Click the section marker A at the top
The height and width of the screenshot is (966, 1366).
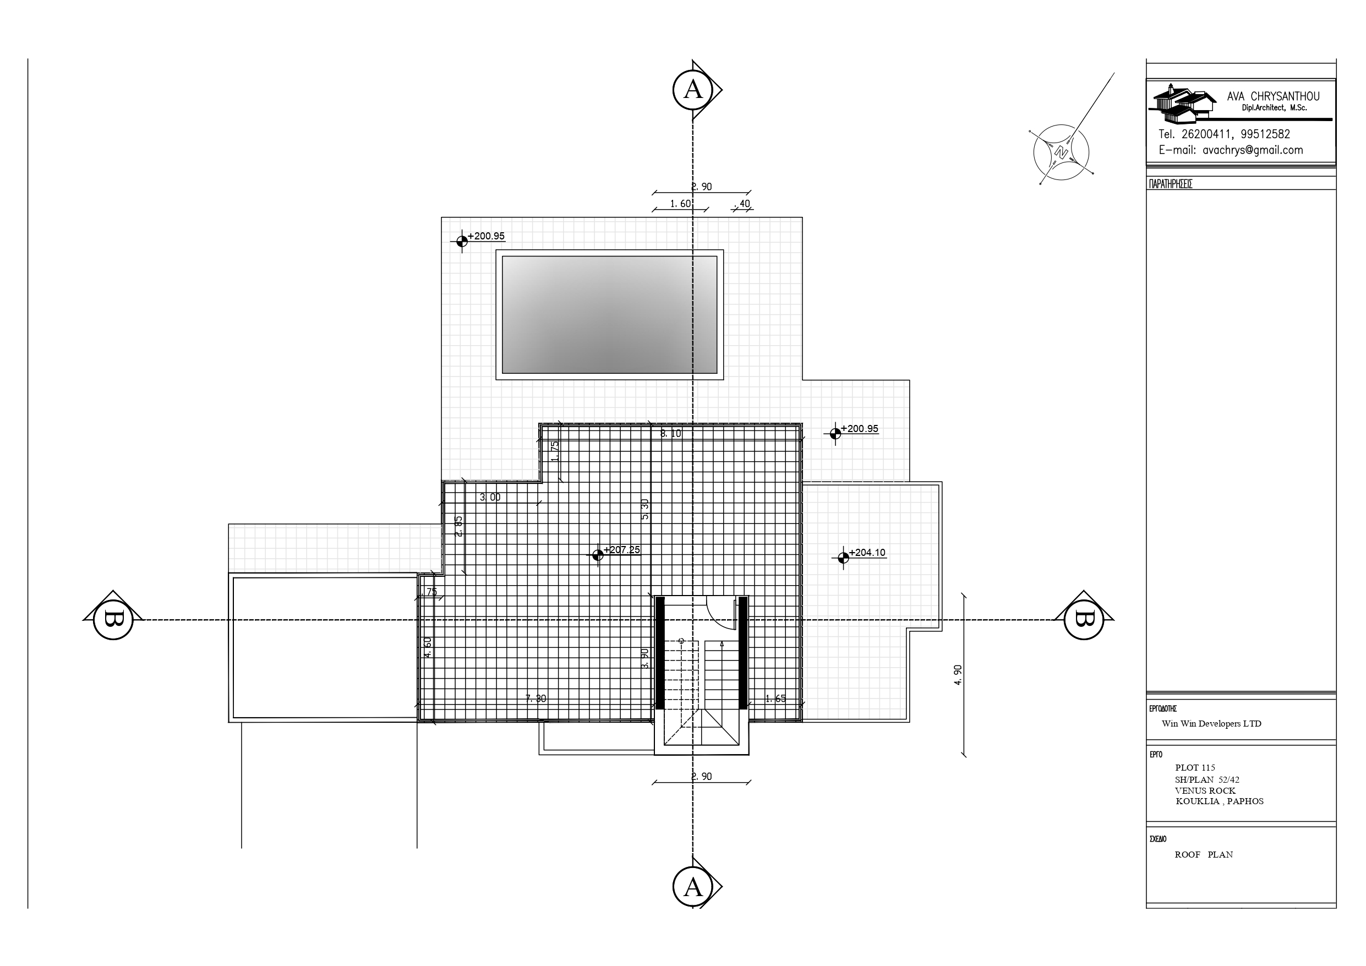coord(692,90)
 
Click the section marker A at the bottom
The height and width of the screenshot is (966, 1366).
coord(692,887)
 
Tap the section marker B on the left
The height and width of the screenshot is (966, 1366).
coord(113,620)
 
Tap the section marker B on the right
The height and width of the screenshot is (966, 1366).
coord(1084,620)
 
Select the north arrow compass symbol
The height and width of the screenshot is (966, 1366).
coord(1062,152)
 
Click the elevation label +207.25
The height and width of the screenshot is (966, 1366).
coord(622,550)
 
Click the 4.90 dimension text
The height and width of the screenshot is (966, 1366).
coord(958,675)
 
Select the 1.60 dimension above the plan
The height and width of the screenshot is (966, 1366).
coord(680,204)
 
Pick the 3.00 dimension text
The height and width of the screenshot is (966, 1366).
coord(490,498)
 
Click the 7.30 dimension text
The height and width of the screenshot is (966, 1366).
coord(536,698)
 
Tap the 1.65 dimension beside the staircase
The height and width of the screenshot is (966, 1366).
coord(775,698)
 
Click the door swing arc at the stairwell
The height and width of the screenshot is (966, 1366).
coord(720,613)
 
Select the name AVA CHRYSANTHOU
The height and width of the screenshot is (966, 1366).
coord(1273,96)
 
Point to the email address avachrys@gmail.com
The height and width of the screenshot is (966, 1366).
coord(1253,150)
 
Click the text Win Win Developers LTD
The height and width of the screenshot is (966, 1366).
coord(1211,724)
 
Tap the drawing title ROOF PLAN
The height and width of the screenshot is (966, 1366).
coord(1204,855)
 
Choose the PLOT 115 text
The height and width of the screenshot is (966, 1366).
coord(1195,768)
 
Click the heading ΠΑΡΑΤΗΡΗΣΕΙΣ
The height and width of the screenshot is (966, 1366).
coord(1170,184)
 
